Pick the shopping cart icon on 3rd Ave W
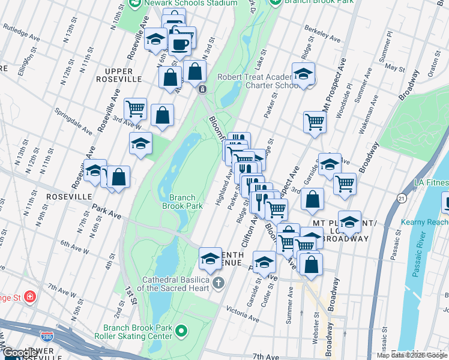pyautogui.click(x=136, y=109)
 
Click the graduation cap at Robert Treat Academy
pyautogui.click(x=304, y=74)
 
